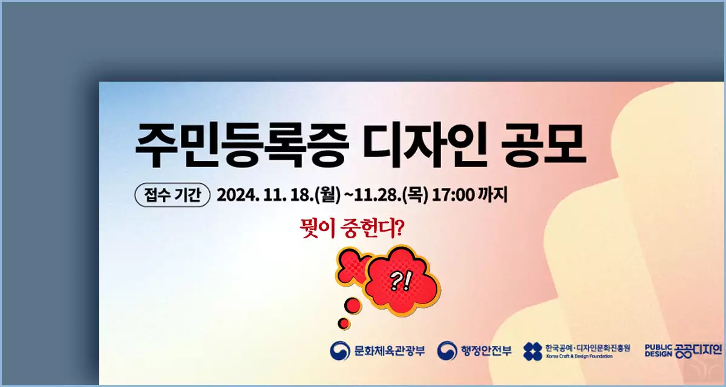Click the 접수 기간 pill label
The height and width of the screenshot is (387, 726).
[172, 195]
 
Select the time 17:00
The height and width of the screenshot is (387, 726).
[450, 195]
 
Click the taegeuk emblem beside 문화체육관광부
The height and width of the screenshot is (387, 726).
[339, 350]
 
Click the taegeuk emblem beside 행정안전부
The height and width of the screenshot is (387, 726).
[447, 350]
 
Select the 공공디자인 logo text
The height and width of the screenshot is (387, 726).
[699, 350]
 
